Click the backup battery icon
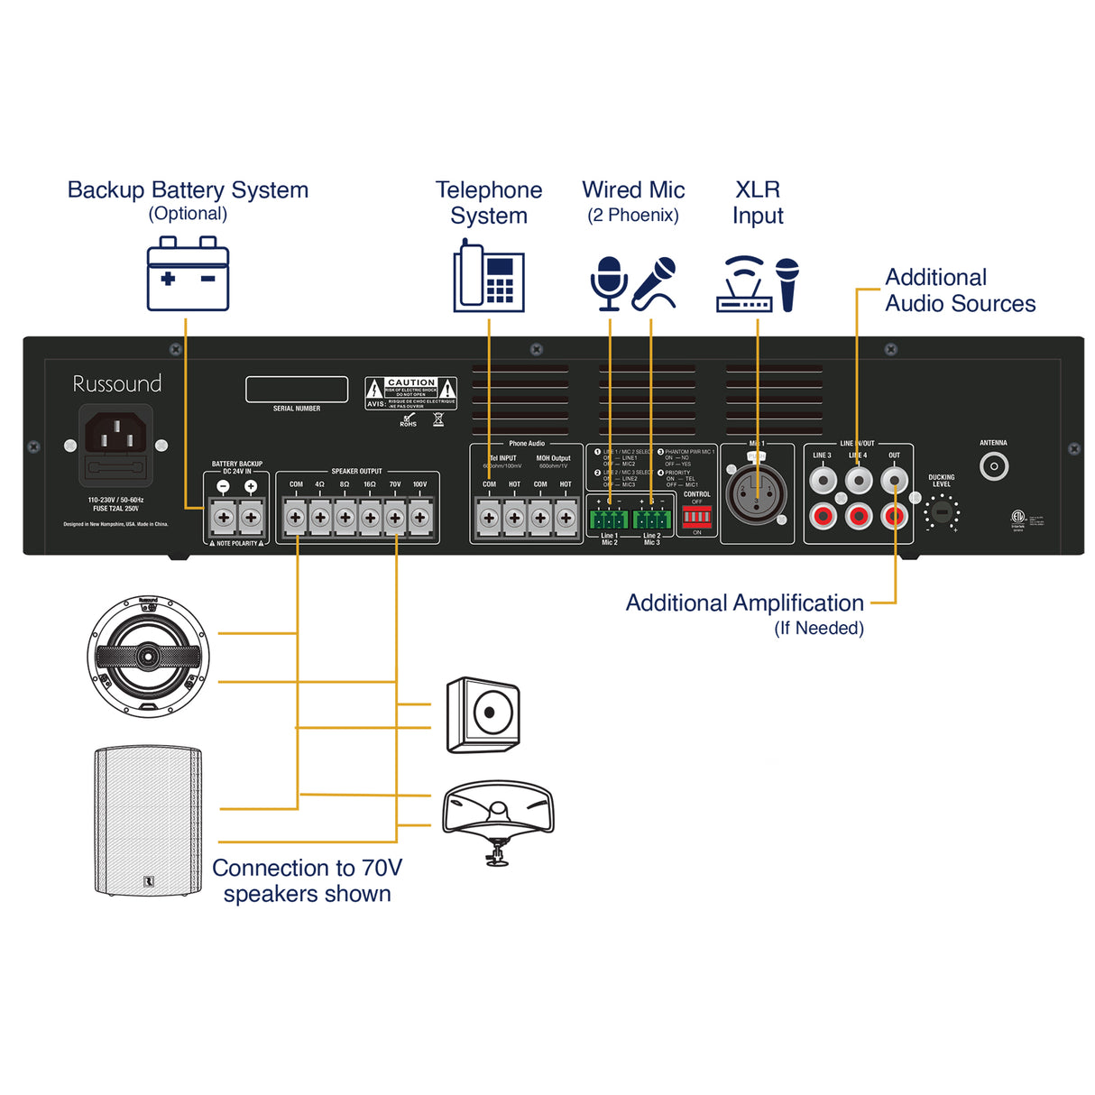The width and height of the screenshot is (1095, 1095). pos(188,274)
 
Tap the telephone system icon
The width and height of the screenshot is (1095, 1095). pos(488,276)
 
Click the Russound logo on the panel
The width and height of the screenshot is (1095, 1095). pos(117,383)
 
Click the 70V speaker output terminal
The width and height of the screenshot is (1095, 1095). pos(395,518)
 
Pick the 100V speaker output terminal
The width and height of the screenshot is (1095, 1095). pos(420,518)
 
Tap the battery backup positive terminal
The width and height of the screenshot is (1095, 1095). pos(251,518)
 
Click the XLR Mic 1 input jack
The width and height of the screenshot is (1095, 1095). pos(756,495)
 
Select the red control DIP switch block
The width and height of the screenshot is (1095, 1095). pos(696,517)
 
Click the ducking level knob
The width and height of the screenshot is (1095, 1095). pos(941,512)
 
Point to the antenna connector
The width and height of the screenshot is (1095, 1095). pos(994,466)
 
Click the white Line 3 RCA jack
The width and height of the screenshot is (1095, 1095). pos(823,480)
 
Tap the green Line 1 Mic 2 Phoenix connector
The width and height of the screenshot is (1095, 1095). pos(609,519)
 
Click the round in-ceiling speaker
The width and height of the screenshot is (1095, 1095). pos(149,656)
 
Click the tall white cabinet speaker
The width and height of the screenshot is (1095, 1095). pos(148,820)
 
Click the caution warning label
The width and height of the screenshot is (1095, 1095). pos(410,393)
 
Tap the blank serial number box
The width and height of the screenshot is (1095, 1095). pos(297,389)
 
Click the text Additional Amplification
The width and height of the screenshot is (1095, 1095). pos(744,603)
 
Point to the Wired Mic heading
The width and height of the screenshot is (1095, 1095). pos(633,190)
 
